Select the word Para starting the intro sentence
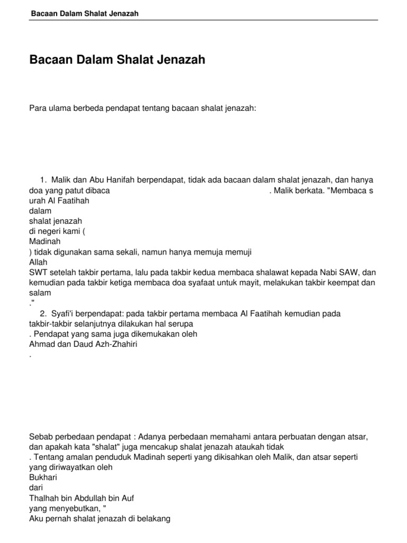tap(38, 108)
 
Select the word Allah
tap(38, 262)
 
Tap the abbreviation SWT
tap(38, 273)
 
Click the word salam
tap(40, 293)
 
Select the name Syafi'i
tap(66, 314)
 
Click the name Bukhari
tap(43, 477)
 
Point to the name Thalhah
tap(43, 498)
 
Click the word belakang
tap(153, 519)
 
